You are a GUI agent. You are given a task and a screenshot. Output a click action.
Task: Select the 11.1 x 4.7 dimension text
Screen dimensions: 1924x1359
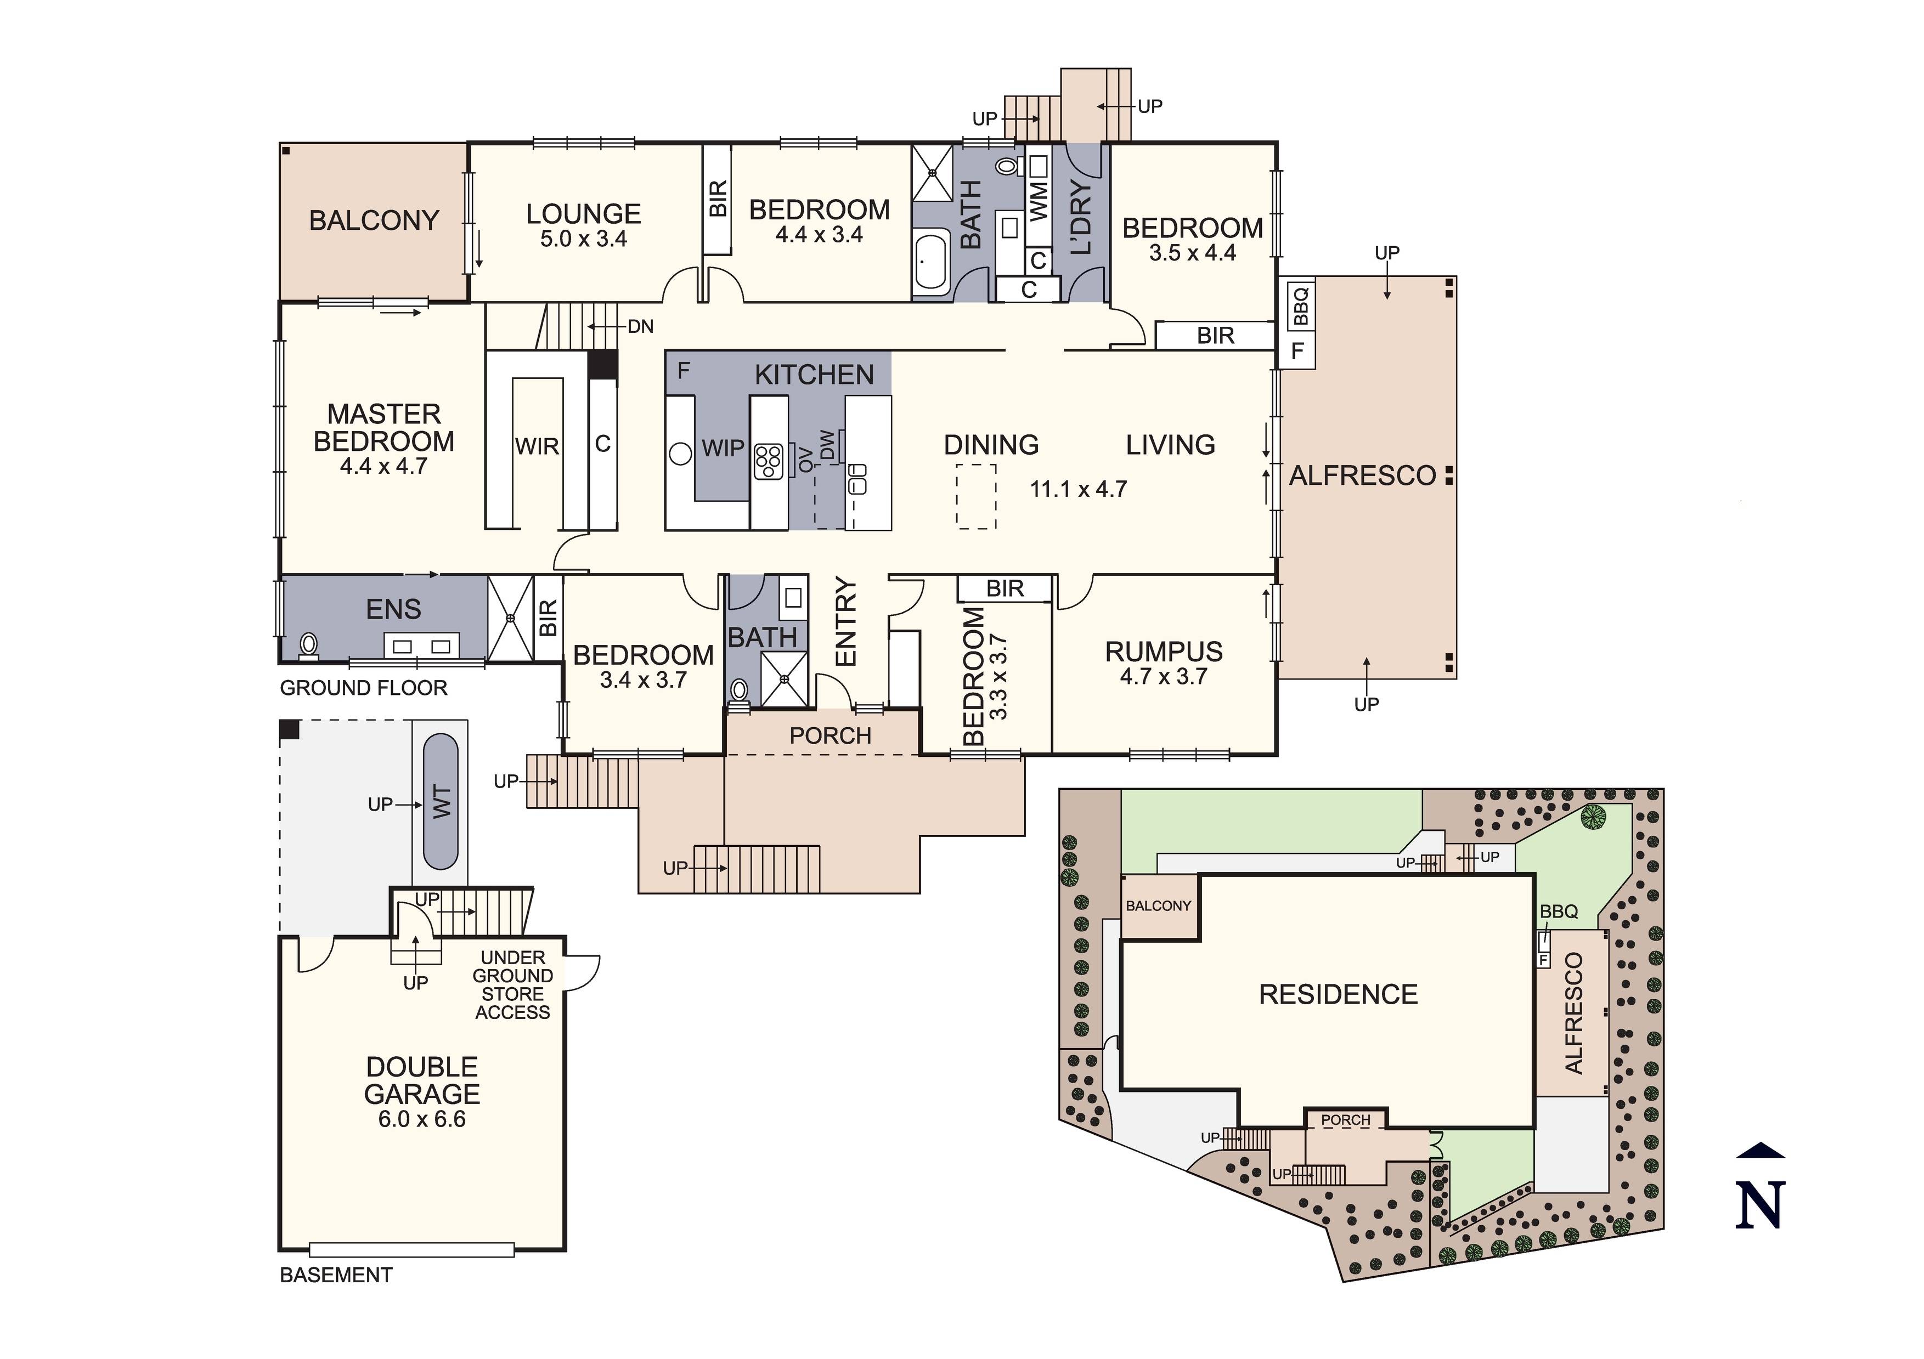[x=1079, y=489]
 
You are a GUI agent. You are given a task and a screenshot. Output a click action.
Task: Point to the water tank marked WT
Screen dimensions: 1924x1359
[x=441, y=802]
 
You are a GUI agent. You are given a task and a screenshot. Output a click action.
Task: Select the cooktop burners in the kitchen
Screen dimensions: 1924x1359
[x=769, y=461]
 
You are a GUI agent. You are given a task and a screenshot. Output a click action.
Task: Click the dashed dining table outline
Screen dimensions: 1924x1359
[x=976, y=496]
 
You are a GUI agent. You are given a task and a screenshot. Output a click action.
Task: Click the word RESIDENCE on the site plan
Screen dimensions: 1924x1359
[x=1338, y=994]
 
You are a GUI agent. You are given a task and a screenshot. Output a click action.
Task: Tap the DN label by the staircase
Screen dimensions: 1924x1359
[x=640, y=327]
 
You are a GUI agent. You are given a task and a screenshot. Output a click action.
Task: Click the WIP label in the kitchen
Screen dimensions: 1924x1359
[x=723, y=448]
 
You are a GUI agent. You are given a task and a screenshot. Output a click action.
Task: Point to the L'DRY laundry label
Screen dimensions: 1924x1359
[x=1082, y=217]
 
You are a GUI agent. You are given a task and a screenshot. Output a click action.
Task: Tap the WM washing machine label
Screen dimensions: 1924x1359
[x=1038, y=201]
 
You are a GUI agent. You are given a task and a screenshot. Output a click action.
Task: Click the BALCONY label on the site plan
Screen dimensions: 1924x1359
[x=1158, y=905]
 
